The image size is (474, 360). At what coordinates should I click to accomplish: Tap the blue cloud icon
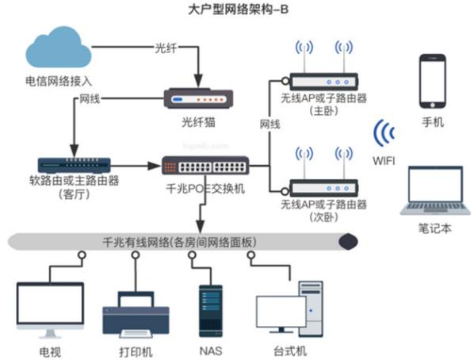tap(59, 49)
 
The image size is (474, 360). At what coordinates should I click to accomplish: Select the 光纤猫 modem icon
tap(198, 100)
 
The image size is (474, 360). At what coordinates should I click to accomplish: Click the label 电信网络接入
tap(55, 80)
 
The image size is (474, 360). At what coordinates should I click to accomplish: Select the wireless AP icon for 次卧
tap(323, 178)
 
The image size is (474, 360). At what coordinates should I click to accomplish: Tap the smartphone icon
tap(433, 79)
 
